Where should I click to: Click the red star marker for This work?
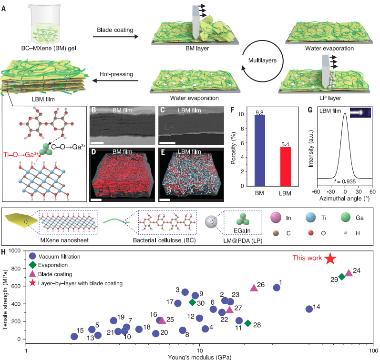[x=330, y=258]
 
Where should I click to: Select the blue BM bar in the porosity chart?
[x=259, y=150]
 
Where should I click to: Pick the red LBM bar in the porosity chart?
[x=285, y=166]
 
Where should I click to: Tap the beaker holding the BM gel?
[x=45, y=24]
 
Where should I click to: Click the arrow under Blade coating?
[x=115, y=37]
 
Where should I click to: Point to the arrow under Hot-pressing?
[x=115, y=80]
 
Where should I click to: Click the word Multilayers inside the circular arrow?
[x=262, y=60]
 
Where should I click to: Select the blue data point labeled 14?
[x=309, y=309]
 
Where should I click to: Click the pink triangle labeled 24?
[x=349, y=272]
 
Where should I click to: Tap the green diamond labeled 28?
[x=248, y=323]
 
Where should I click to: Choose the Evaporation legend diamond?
[x=32, y=265]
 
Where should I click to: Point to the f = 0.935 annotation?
[x=345, y=181]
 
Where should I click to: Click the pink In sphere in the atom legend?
[x=276, y=217]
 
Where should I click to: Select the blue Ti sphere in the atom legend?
[x=311, y=217]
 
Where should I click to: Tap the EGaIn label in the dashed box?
[x=242, y=231]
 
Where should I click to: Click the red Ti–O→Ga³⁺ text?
[x=21, y=154]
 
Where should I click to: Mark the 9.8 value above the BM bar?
[x=259, y=112]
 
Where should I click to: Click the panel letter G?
[x=310, y=110]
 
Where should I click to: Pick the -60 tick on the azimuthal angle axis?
[x=316, y=192]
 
